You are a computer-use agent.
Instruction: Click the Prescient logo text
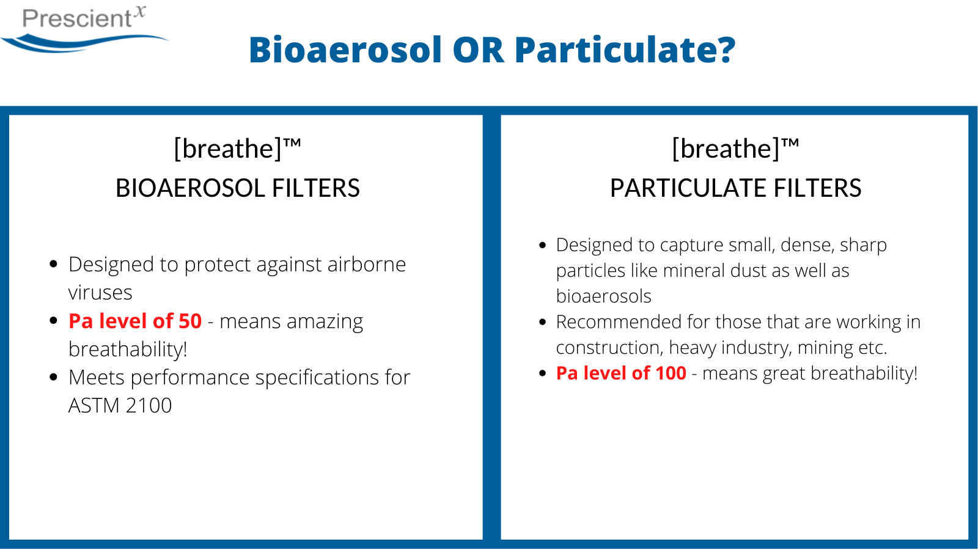84,18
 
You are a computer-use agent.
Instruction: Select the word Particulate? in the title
625,50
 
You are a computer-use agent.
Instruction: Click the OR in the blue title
479,50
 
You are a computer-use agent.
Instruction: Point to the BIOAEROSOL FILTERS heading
238,188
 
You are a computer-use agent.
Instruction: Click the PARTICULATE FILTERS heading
736,188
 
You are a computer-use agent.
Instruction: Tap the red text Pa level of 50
135,321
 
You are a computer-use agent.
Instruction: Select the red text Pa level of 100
621,373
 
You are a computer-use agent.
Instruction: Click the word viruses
100,293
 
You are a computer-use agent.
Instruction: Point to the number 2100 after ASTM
149,406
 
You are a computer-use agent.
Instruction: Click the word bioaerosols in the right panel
603,296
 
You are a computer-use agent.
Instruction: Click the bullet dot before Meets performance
54,376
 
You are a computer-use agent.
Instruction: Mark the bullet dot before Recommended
543,322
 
